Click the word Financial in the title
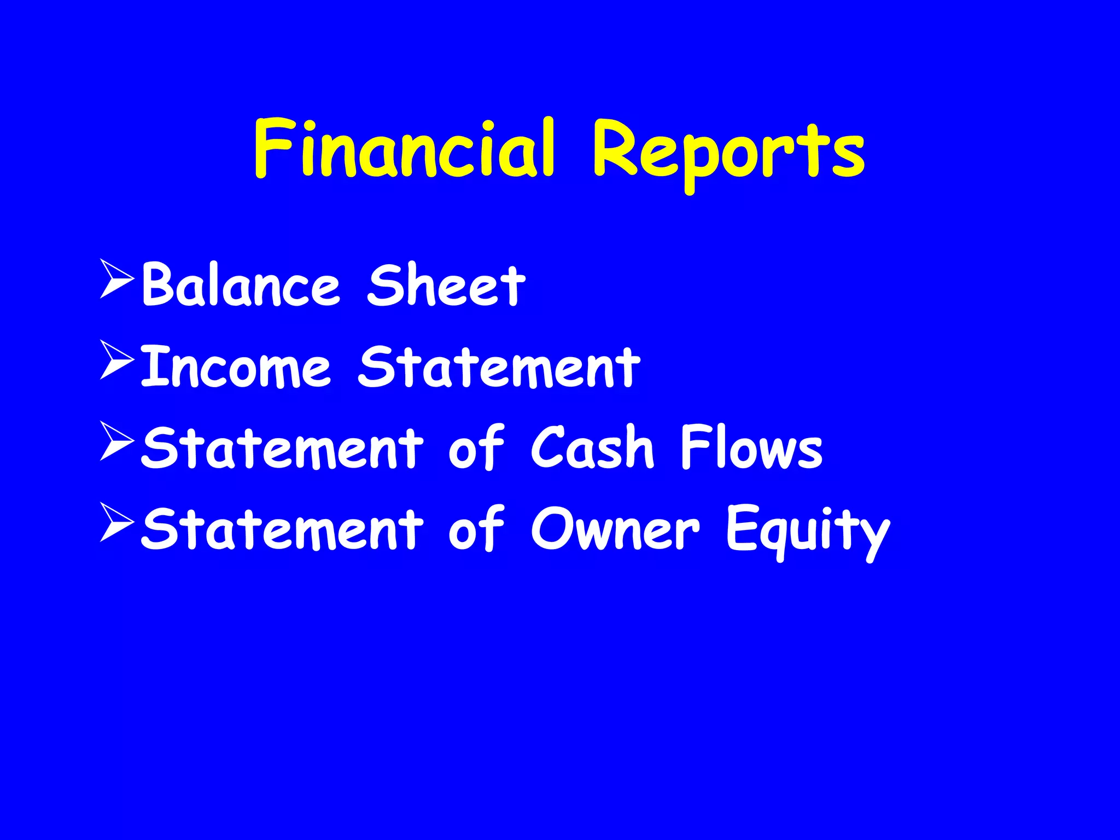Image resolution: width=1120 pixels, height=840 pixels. (405, 149)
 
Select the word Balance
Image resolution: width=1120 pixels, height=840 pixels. (241, 285)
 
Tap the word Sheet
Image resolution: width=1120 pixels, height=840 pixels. (446, 285)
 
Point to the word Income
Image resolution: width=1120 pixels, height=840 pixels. (236, 367)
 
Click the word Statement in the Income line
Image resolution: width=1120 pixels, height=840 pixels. (499, 367)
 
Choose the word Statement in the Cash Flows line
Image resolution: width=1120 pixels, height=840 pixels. (282, 448)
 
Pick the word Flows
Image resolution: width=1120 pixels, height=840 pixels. (751, 448)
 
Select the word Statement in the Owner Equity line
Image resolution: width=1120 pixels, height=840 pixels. (282, 529)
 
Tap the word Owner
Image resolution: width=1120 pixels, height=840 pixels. (615, 529)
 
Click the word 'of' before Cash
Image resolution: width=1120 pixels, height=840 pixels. (476, 448)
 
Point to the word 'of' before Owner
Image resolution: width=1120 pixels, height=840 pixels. (476, 529)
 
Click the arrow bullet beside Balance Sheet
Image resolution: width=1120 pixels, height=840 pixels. (116, 279)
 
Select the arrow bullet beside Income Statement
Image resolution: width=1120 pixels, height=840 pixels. (116, 360)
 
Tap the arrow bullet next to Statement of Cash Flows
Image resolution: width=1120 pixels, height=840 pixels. (116, 441)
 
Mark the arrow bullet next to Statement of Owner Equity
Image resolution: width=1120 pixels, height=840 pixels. (116, 523)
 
